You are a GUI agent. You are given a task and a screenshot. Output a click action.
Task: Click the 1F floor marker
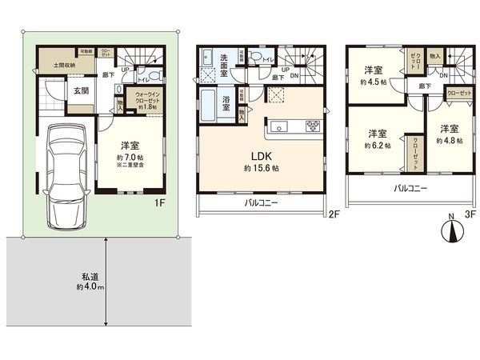160,203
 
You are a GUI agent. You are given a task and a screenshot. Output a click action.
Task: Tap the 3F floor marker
470,214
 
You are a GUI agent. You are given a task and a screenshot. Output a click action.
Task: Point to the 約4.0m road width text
90,286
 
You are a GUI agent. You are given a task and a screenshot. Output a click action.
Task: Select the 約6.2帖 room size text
377,146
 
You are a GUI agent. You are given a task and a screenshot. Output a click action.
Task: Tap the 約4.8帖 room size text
448,139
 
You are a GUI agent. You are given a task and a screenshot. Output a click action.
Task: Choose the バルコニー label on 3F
410,190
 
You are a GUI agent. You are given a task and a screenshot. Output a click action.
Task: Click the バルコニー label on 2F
262,204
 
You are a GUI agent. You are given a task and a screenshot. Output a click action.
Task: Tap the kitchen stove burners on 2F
313,125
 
